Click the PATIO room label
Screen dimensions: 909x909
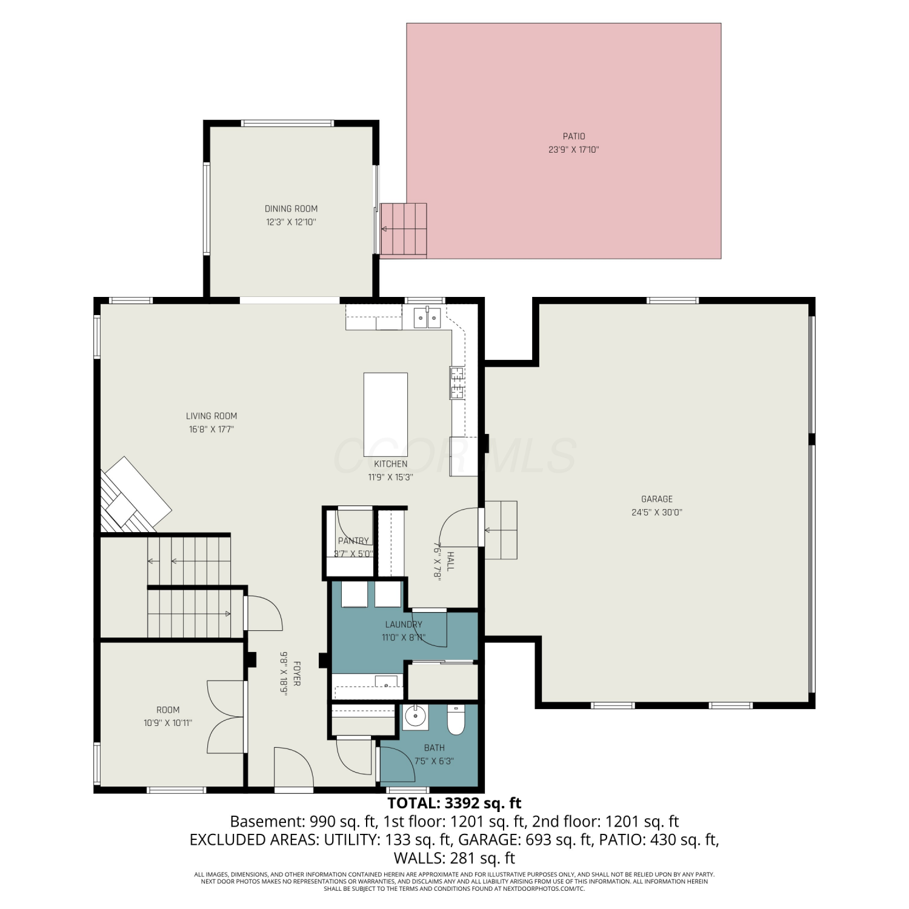pos(574,136)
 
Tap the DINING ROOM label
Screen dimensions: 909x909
pos(291,208)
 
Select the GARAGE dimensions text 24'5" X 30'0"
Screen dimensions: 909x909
pos(657,512)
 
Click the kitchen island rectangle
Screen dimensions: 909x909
pos(385,410)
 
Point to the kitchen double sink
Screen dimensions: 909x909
pos(427,318)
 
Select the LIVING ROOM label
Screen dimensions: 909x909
pos(211,416)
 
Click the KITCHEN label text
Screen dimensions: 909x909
pos(390,464)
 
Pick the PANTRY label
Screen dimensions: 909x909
pos(353,541)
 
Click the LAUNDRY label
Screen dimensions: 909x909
pos(404,624)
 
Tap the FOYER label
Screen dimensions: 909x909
pos(297,673)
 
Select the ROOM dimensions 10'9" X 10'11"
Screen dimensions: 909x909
pos(168,723)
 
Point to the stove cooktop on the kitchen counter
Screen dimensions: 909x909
pos(457,383)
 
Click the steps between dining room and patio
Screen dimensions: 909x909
pos(404,230)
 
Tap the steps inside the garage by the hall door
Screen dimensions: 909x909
pos(501,530)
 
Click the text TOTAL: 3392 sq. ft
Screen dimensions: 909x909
pos(454,803)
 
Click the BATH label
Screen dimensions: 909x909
pos(435,748)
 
